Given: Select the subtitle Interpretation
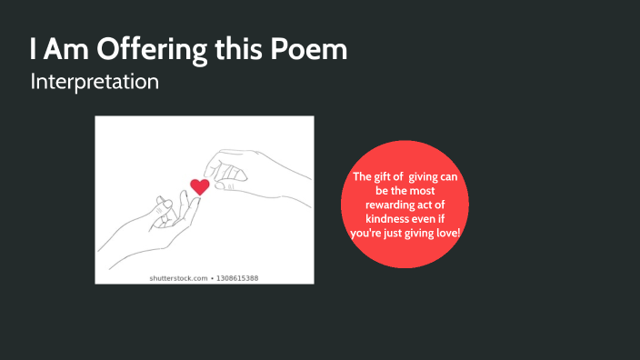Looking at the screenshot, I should pyautogui.click(x=95, y=82).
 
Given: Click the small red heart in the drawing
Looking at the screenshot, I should pyautogui.click(x=200, y=186).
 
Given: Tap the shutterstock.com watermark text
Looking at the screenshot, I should pyautogui.click(x=176, y=277).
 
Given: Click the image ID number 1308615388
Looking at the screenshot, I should pyautogui.click(x=237, y=277).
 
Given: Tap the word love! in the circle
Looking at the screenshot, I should pyautogui.click(x=445, y=235).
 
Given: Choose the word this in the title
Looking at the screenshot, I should pyautogui.click(x=238, y=49).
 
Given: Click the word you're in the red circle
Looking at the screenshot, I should pyautogui.click(x=365, y=235).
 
